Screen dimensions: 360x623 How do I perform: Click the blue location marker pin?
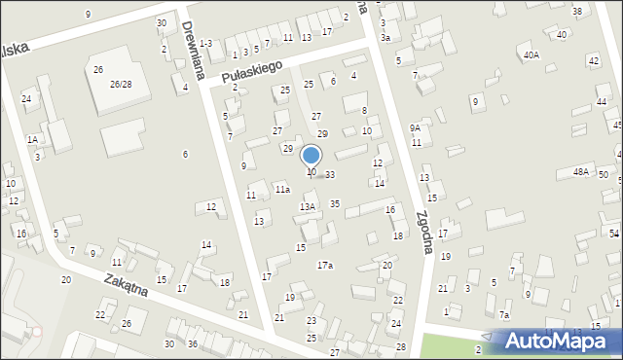pyautogui.click(x=311, y=156)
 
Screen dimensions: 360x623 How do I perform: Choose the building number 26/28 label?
pyautogui.click(x=120, y=85)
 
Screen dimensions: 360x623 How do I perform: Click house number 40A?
pyautogui.click(x=531, y=55)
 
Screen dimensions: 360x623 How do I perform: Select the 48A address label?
pyautogui.click(x=581, y=171)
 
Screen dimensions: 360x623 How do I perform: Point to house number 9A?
pyautogui.click(x=415, y=127)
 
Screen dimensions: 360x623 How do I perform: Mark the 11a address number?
pyautogui.click(x=281, y=189)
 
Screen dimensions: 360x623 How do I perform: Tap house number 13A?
pyautogui.click(x=308, y=206)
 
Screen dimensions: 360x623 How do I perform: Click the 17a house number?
pyautogui.click(x=325, y=265)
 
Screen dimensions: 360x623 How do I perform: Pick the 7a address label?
pyautogui.click(x=504, y=314)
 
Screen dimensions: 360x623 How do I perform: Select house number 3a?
pyautogui.click(x=385, y=37)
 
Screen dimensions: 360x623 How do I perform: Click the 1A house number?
pyautogui.click(x=32, y=140)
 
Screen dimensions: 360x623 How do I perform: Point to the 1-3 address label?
pyautogui.click(x=205, y=43)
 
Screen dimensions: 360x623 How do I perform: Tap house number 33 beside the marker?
pyautogui.click(x=330, y=175)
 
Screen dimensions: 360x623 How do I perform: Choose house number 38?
pyautogui.click(x=577, y=12)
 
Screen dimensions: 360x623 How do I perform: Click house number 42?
pyautogui.click(x=594, y=60)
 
